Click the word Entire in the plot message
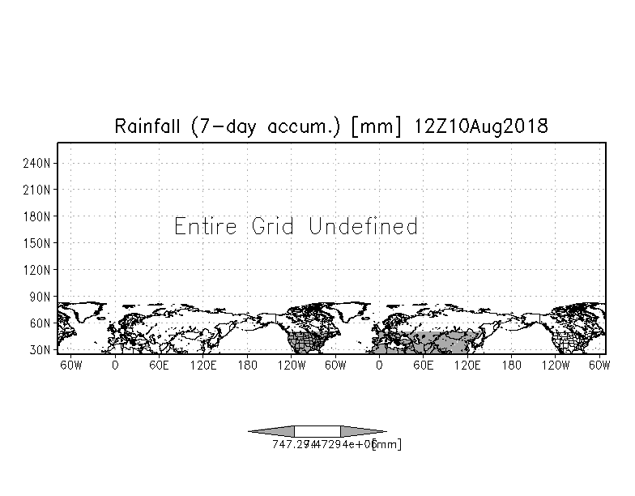tap(206, 226)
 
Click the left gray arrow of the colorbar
tap(272, 431)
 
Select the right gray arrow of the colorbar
tap(362, 431)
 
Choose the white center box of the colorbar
tap(317, 431)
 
